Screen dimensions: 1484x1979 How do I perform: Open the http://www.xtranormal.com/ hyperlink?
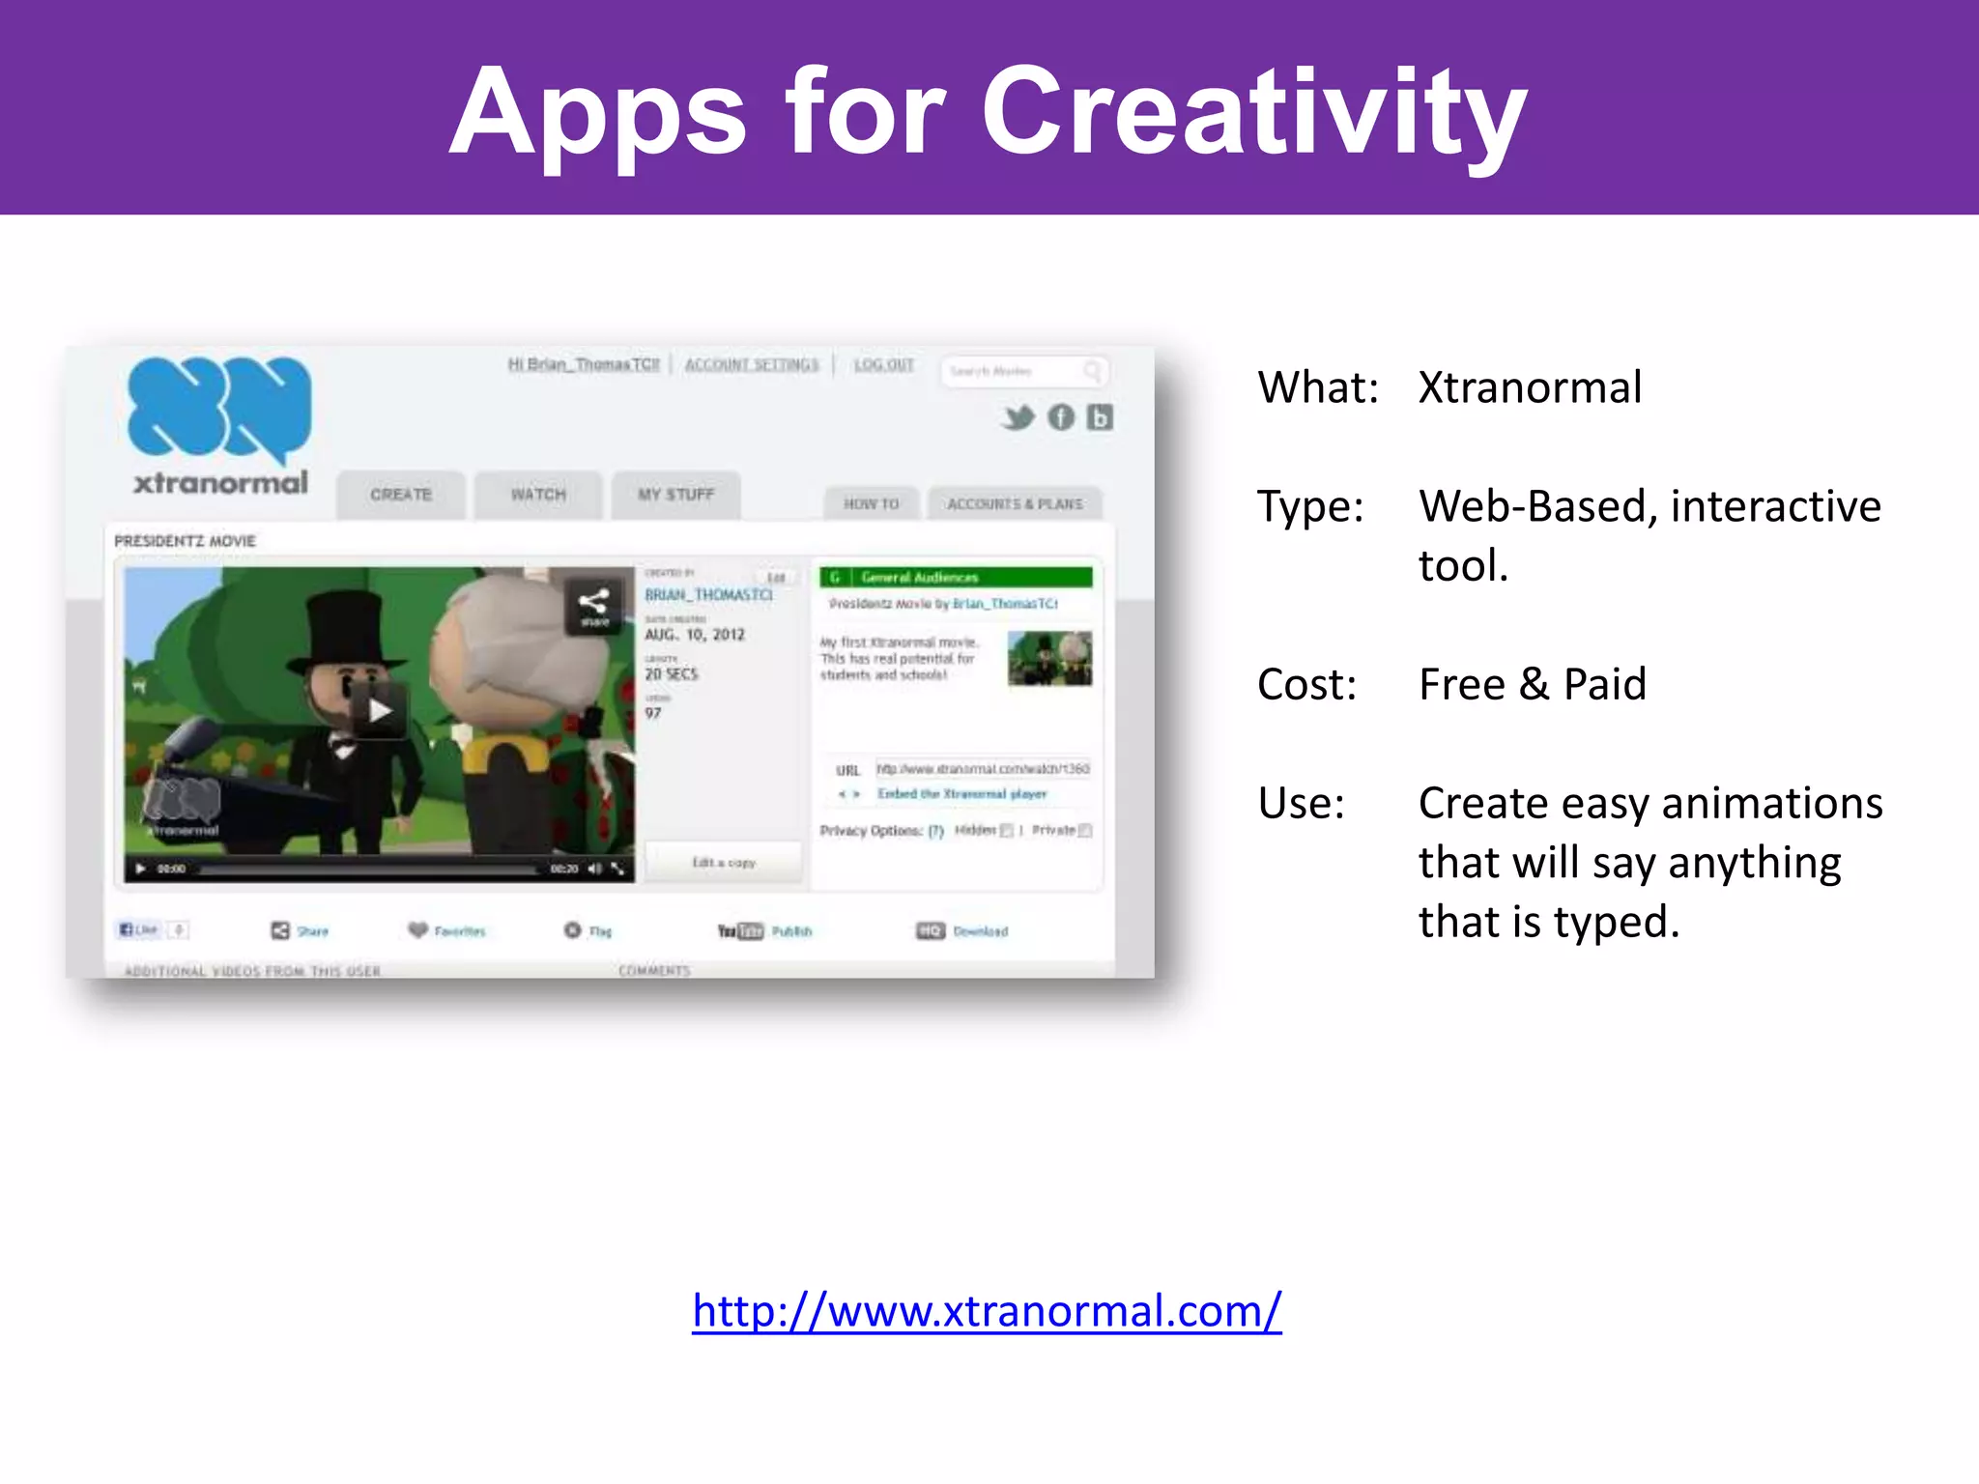pos(987,1311)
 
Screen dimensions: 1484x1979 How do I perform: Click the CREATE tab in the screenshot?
pos(401,495)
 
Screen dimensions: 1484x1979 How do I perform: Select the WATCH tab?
pos(538,495)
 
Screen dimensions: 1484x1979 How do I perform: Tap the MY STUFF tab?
pos(675,495)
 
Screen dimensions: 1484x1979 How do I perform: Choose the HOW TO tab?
pos(871,504)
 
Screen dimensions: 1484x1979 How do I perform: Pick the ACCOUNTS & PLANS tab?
pos(1015,504)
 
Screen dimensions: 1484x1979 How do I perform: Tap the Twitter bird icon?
pos(1018,417)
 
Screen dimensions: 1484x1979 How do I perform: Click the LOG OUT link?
pos(883,364)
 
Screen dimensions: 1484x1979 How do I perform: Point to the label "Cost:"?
pos(1306,685)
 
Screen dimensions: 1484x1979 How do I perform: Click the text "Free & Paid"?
pos(1532,685)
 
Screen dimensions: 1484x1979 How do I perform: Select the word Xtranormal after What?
pos(1530,387)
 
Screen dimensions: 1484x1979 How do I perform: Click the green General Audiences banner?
pos(956,577)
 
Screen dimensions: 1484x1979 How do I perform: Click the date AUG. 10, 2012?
pos(695,635)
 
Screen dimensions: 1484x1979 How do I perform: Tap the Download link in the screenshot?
pos(979,931)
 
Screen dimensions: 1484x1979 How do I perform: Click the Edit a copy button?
pos(724,862)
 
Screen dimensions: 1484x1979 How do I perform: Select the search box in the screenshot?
pos(1015,371)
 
